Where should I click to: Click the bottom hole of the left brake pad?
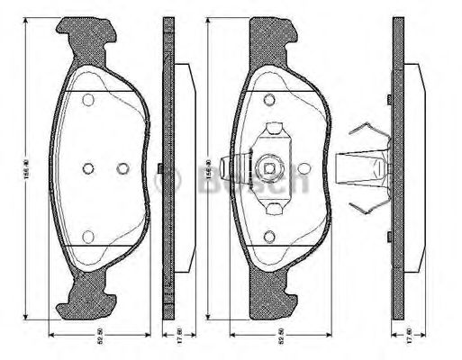point(87,237)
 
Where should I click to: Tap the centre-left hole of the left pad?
point(87,168)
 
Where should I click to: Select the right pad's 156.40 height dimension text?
point(208,168)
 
